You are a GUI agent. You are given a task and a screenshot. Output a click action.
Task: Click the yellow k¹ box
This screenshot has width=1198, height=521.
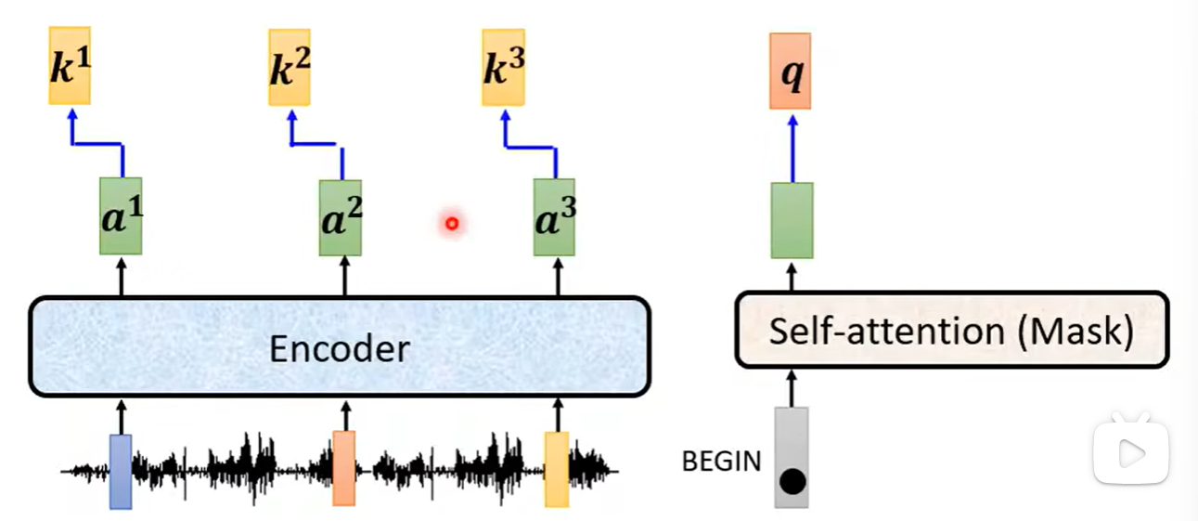[x=71, y=66]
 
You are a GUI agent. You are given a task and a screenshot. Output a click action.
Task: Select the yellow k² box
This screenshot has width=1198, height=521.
[x=290, y=67]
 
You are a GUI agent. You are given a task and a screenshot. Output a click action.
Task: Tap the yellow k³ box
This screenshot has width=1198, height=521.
[x=504, y=67]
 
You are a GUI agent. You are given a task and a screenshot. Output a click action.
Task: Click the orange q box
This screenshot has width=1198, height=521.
[x=791, y=72]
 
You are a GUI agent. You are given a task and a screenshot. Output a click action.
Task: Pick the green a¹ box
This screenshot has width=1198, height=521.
[x=121, y=216]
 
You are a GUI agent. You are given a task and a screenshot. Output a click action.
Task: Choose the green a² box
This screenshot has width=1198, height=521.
[x=341, y=218]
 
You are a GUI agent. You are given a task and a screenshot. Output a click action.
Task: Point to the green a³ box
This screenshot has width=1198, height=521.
[x=554, y=218]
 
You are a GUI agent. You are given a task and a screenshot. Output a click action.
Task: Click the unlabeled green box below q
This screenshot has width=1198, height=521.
[x=792, y=220]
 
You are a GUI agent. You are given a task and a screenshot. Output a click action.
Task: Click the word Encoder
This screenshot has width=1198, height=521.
[x=339, y=348]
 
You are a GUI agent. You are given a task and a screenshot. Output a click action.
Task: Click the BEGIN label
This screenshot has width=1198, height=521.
[x=721, y=461]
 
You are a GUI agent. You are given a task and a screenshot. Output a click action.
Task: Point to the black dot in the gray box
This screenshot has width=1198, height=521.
[x=792, y=482]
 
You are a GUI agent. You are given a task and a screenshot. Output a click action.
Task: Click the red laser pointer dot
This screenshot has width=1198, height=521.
[x=452, y=223]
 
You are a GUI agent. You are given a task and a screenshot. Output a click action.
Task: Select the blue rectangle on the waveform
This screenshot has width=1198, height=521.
[x=121, y=471]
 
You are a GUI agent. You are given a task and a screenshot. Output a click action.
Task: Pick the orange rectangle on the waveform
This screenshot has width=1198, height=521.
[x=343, y=468]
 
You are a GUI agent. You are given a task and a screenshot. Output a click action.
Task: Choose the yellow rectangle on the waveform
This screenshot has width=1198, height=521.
[x=557, y=469]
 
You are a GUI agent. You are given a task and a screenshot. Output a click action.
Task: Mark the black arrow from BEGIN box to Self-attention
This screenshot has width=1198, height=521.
[x=792, y=387]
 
